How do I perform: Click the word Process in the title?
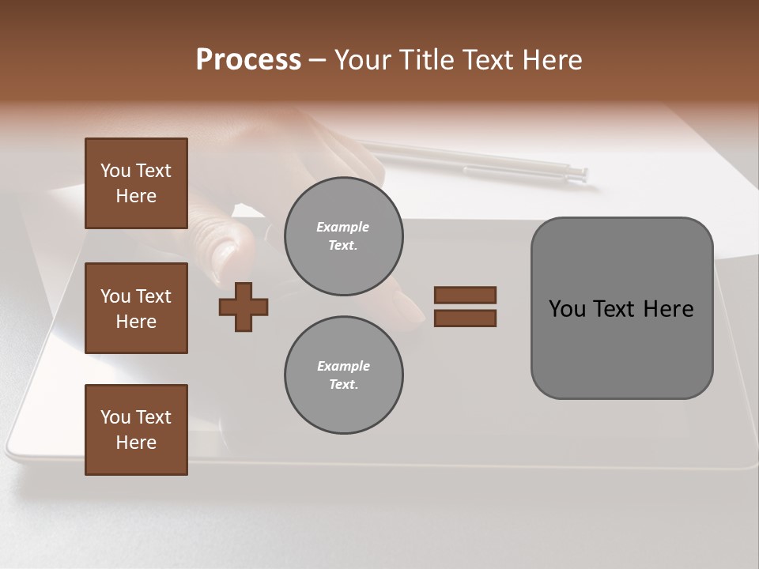point(248,60)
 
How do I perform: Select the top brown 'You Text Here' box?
point(136,183)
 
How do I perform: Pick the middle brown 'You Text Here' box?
point(136,308)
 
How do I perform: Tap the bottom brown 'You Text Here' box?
point(136,430)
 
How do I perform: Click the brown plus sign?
point(244,307)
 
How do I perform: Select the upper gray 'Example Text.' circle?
point(343,236)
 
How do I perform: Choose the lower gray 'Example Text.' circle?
point(343,375)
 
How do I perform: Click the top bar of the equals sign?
point(465,296)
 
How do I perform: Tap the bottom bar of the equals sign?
point(465,318)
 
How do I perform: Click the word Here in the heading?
point(550,60)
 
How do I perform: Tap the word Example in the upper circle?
point(343,227)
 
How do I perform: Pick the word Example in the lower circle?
point(343,366)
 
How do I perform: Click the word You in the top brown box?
point(115,171)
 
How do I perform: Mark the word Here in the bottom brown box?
point(136,443)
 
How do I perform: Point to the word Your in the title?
point(361,60)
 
